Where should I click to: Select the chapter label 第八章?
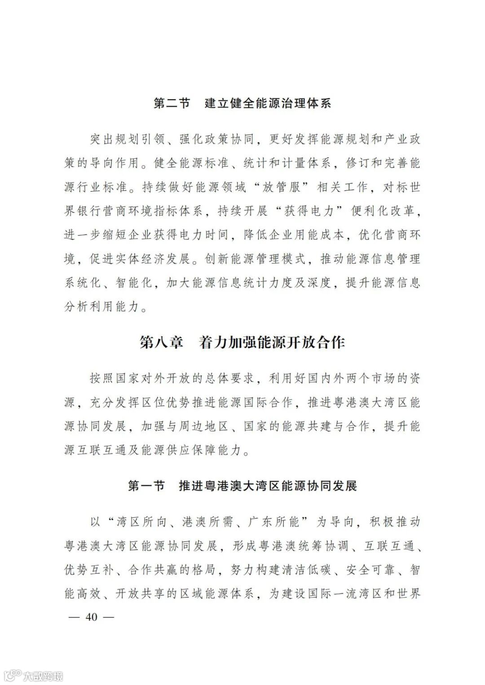click(162, 343)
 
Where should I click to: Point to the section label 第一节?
click(146, 486)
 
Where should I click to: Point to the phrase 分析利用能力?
click(102, 307)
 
